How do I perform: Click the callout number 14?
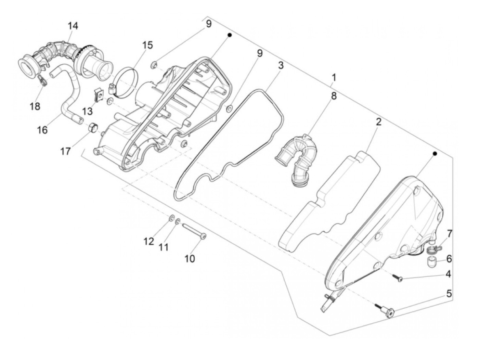(x=73, y=26)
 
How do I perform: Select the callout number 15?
(x=148, y=45)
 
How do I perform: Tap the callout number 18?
(x=35, y=106)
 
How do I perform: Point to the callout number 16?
(x=42, y=130)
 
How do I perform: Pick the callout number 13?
(x=88, y=111)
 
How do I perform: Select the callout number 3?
(x=281, y=65)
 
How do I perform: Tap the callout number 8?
(x=333, y=96)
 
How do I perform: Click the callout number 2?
(x=378, y=122)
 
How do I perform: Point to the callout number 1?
(x=333, y=78)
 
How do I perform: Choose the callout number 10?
(x=190, y=258)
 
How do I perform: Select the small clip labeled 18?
(x=42, y=81)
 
